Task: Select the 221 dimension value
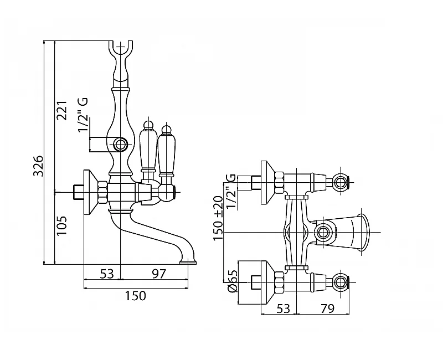[62, 112]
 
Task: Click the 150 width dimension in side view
[135, 296]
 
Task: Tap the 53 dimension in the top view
[283, 309]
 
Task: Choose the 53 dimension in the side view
[106, 274]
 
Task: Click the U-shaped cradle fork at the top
[121, 50]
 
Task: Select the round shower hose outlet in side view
[121, 146]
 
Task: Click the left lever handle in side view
[147, 147]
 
